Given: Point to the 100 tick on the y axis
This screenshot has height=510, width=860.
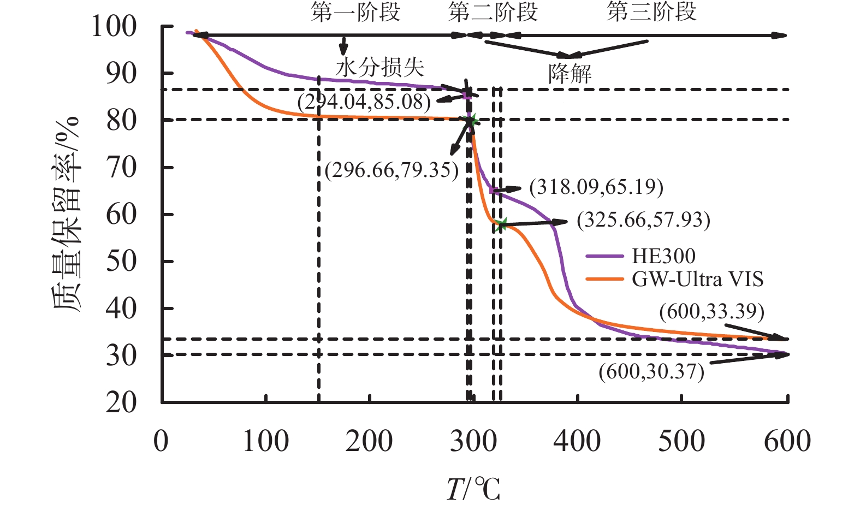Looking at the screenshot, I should pyautogui.click(x=114, y=26).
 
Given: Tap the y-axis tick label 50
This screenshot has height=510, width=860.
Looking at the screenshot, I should pyautogui.click(x=121, y=262).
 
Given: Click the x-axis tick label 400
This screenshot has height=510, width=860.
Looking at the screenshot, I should pyautogui.click(x=577, y=441).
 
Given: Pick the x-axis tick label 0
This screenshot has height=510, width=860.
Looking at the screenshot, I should pyautogui.click(x=161, y=441).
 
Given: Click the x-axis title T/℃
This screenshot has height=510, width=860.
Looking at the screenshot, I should pyautogui.click(x=473, y=489).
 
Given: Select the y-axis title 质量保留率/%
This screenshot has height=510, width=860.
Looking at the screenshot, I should pyautogui.click(x=67, y=214).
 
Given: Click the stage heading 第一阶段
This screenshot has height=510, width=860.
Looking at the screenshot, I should pyautogui.click(x=356, y=11).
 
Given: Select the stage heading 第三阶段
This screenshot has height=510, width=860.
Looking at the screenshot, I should pyautogui.click(x=652, y=11).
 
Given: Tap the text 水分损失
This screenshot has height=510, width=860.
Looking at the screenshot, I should pyautogui.click(x=380, y=67).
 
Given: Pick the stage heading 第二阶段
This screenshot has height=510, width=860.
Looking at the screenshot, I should pyautogui.click(x=493, y=11).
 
